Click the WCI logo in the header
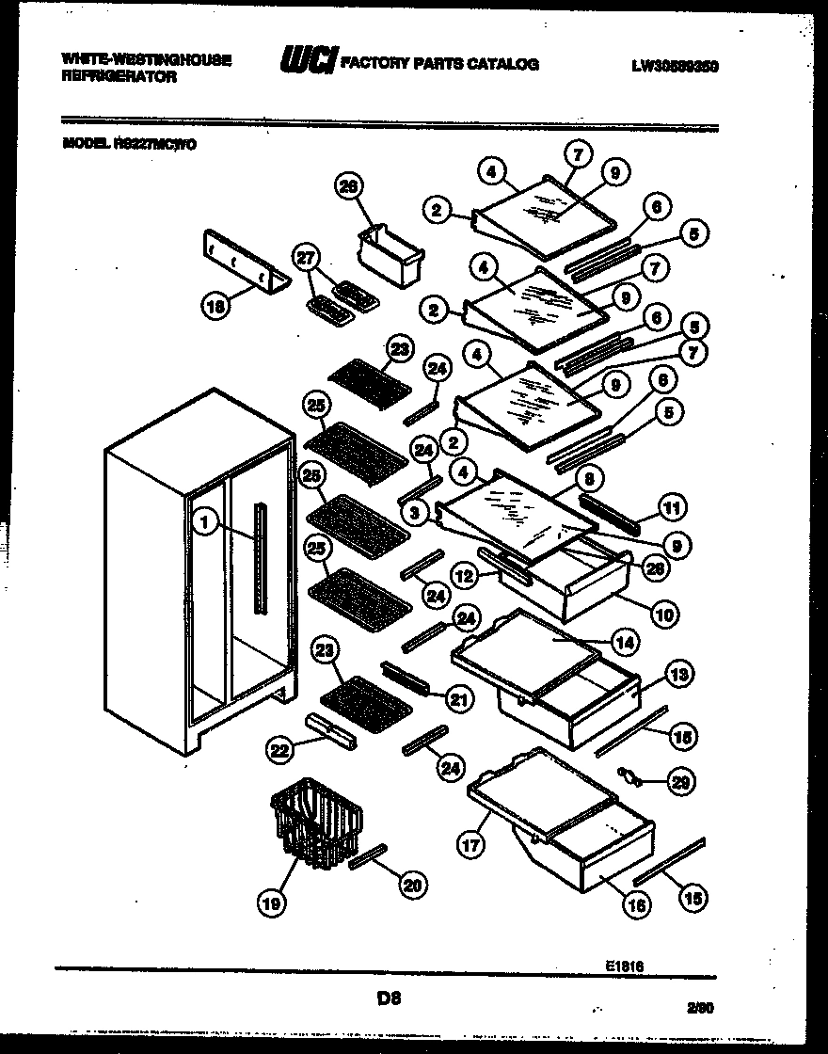coord(308,61)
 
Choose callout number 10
coord(664,615)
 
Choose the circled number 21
coord(458,698)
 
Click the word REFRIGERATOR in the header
coord(119,76)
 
